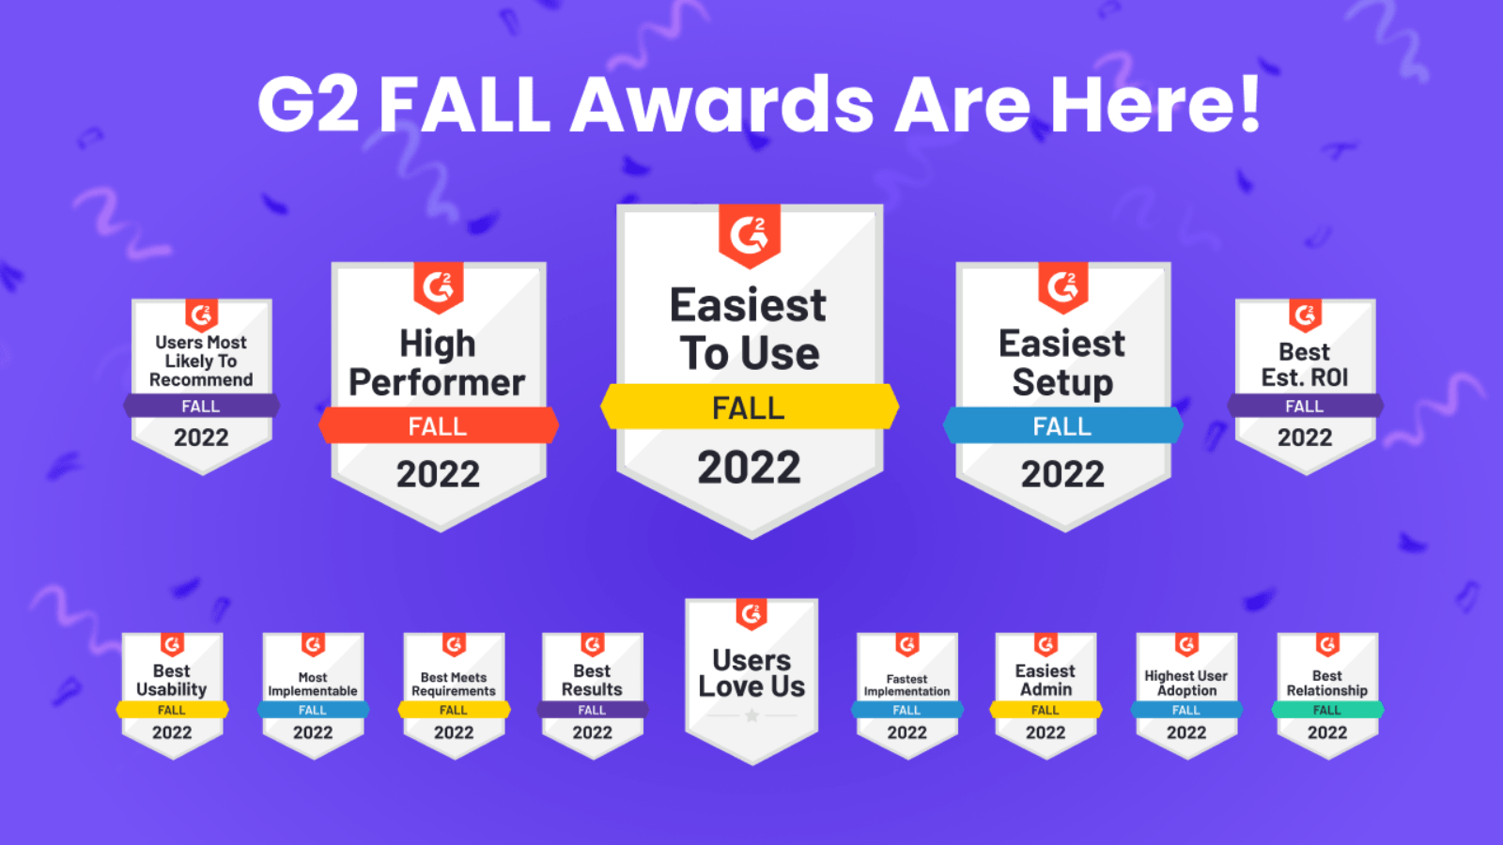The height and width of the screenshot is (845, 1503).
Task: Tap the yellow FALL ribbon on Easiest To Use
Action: click(x=749, y=408)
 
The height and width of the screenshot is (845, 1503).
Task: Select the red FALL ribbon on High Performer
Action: click(x=438, y=426)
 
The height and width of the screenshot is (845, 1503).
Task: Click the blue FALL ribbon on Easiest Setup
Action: click(x=1062, y=426)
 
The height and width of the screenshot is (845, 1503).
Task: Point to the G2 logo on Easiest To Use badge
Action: click(x=750, y=235)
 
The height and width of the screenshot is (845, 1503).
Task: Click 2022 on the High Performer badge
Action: click(x=438, y=474)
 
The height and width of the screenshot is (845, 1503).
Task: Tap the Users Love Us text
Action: click(x=751, y=673)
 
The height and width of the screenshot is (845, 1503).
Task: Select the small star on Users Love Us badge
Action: click(x=751, y=715)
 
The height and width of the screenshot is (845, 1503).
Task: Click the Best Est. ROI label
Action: click(x=1305, y=364)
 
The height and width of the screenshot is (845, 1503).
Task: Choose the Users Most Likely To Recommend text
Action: click(x=201, y=361)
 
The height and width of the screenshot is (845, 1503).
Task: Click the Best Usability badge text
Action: click(x=172, y=680)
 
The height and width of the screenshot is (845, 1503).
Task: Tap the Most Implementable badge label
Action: click(x=313, y=684)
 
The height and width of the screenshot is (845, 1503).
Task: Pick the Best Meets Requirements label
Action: click(x=454, y=684)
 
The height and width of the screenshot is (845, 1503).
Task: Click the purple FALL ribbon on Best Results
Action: click(x=592, y=710)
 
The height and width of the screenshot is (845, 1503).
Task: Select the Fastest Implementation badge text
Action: click(x=906, y=684)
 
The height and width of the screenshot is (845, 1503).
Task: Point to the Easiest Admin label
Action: click(x=1046, y=680)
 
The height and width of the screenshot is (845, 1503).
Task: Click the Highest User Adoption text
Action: click(x=1186, y=683)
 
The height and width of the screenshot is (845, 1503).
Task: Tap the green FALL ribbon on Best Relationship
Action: click(x=1327, y=710)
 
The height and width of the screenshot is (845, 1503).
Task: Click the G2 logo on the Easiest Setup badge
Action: click(x=1062, y=286)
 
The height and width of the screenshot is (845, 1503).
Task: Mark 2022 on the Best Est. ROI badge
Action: click(x=1305, y=438)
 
